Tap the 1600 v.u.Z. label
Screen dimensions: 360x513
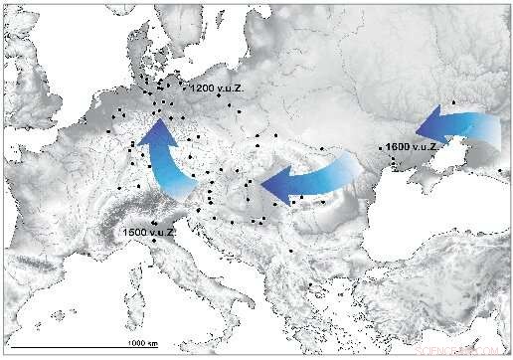click(410, 147)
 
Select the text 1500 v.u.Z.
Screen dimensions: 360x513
click(149, 233)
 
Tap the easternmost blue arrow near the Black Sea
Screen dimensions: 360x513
click(457, 128)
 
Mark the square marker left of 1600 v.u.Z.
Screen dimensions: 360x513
click(381, 147)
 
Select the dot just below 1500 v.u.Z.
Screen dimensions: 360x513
click(154, 244)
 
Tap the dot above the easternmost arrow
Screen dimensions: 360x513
click(454, 102)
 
